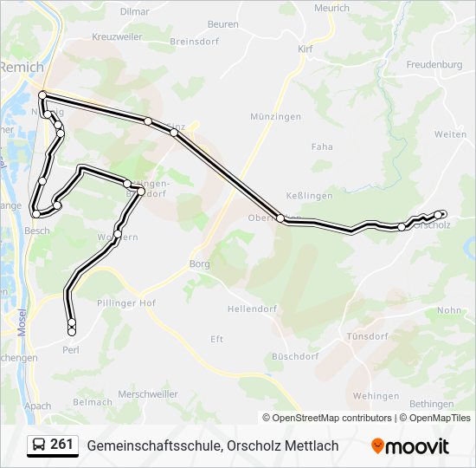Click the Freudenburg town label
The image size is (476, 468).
pyautogui.click(x=434, y=64)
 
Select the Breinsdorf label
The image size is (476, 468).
pyautogui.click(x=195, y=41)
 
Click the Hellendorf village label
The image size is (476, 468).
pyautogui.click(x=252, y=309)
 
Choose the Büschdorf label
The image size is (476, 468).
pyautogui.click(x=295, y=356)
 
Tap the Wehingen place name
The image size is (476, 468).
pyautogui.click(x=376, y=396)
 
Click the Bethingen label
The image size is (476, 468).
pyautogui.click(x=431, y=404)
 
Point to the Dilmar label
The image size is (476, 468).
pyautogui.click(x=134, y=11)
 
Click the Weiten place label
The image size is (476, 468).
pyautogui.click(x=450, y=134)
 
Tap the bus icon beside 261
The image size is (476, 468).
pyautogui.click(x=38, y=445)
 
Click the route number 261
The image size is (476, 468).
pyautogui.click(x=61, y=445)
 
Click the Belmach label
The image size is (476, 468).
pyautogui.click(x=93, y=402)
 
